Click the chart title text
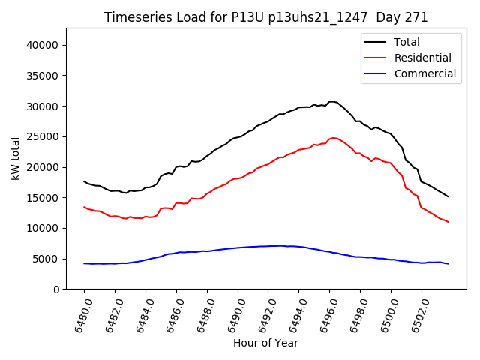click(x=266, y=17)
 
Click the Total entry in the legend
click(x=406, y=42)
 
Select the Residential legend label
click(x=422, y=58)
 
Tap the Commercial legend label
click(x=424, y=73)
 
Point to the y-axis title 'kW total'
click(x=15, y=158)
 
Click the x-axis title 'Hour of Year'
click(x=265, y=343)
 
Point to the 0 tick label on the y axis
click(x=57, y=289)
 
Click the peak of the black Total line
click(x=331, y=101)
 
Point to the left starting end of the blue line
click(x=84, y=263)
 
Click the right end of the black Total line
click(x=448, y=196)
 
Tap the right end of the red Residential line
click(x=448, y=222)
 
